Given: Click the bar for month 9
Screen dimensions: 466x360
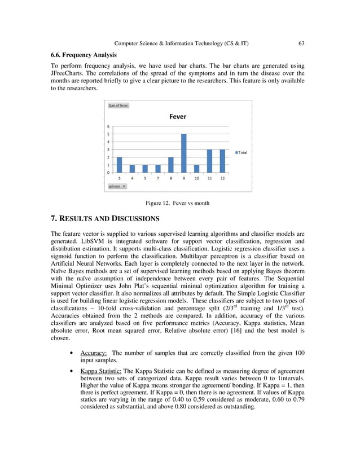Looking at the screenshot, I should coord(183,153).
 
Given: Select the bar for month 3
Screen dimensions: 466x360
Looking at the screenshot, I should coord(119,165).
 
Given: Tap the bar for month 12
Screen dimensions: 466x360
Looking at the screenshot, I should coord(222,161).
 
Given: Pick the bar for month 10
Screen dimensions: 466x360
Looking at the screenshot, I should coord(196,169).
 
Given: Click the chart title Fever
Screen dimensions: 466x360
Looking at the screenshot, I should coord(178,117).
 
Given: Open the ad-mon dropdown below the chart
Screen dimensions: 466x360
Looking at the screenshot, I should coord(117,186).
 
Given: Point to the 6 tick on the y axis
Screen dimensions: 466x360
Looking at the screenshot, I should coord(108,126).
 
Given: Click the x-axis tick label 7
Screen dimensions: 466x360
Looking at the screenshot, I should coord(157,178).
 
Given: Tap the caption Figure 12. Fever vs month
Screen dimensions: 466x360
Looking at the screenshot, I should coord(177,203).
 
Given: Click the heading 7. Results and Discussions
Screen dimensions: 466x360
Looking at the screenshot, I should coord(105,218).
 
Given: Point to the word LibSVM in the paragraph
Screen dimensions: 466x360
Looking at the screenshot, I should coord(83,241).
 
